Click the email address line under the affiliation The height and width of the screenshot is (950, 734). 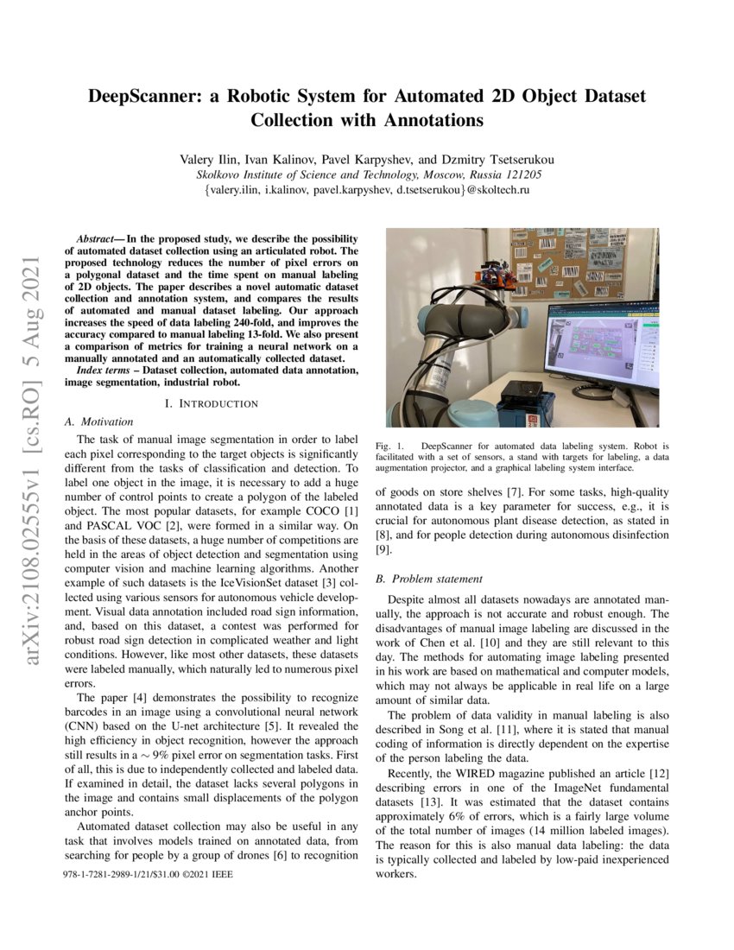click(366, 189)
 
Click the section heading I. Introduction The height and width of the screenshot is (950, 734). click(212, 403)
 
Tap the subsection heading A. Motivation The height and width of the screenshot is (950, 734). click(99, 421)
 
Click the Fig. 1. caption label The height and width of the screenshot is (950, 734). click(387, 446)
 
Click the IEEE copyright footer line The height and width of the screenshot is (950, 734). click(148, 875)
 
